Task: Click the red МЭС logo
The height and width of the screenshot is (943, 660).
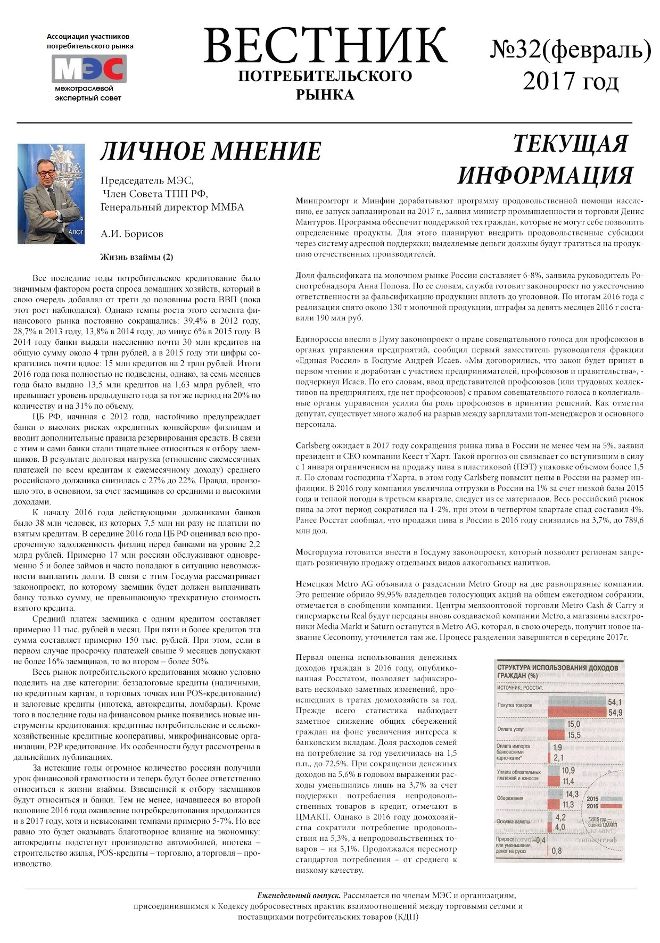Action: click(89, 69)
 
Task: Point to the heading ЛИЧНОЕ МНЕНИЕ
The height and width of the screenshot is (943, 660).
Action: click(211, 152)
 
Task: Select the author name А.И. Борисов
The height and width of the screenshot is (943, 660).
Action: click(131, 234)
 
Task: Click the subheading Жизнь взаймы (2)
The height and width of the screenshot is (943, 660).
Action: click(137, 257)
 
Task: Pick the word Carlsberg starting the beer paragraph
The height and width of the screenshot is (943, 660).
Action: click(314, 446)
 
